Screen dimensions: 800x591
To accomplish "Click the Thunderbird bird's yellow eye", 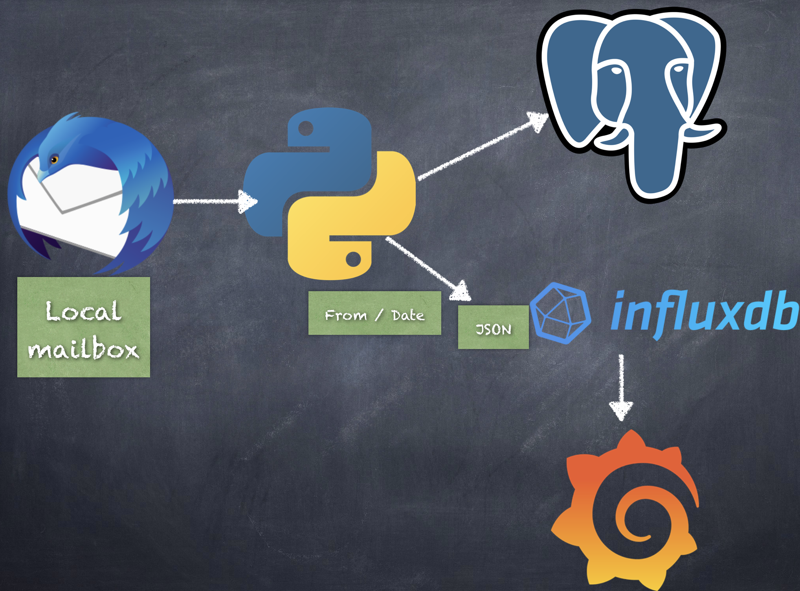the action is tap(54, 159).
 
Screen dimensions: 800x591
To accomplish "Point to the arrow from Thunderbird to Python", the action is tap(215, 201).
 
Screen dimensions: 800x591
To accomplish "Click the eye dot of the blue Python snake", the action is tap(306, 128).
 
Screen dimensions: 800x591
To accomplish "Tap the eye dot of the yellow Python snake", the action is tap(353, 259).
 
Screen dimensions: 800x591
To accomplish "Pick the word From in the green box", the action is tap(346, 315).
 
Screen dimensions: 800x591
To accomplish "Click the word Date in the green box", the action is tap(408, 315).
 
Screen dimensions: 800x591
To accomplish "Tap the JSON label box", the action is tap(494, 327).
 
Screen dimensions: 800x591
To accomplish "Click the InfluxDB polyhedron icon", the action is tap(560, 313).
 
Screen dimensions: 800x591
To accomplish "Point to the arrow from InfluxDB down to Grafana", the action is tap(621, 388).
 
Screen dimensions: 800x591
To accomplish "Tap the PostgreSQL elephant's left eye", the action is tap(617, 71).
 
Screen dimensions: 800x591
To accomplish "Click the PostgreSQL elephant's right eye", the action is tap(677, 69).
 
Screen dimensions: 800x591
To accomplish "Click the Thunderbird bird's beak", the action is tap(42, 174).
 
